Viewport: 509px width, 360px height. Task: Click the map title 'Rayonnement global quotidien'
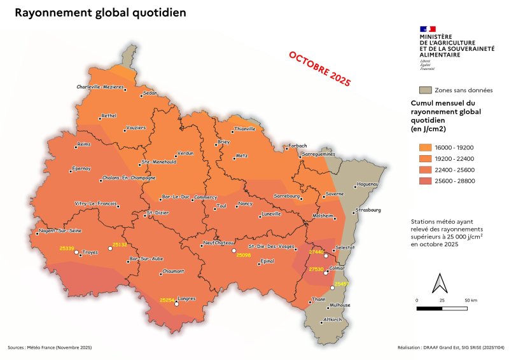tap(100, 13)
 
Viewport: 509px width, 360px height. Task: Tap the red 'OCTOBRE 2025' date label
tap(319, 69)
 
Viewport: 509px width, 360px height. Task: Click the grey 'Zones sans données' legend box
tap(426, 90)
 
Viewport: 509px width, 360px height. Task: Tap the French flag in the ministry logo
tap(428, 29)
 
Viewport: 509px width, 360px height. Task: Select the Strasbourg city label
tap(370, 210)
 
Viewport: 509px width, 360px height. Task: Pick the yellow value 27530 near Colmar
tap(316, 270)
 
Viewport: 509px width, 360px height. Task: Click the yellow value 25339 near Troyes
tap(67, 247)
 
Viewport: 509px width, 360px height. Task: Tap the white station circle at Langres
tap(177, 304)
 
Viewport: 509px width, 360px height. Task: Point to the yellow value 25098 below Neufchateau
tap(244, 256)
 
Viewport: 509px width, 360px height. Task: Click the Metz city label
tap(242, 155)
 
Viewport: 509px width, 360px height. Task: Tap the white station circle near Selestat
tap(326, 256)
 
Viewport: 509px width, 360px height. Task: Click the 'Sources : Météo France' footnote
tap(50, 347)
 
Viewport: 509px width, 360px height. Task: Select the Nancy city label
tap(246, 204)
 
